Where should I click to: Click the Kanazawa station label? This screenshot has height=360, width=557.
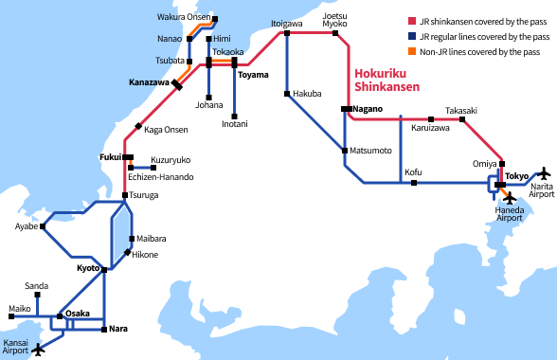(149, 83)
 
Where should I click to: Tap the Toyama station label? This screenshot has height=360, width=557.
(253, 75)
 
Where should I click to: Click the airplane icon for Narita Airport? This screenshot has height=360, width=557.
(544, 173)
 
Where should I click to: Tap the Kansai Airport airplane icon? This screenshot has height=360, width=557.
(39, 350)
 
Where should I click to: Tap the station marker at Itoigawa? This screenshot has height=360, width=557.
(285, 34)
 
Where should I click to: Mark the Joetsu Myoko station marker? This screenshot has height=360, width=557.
(335, 34)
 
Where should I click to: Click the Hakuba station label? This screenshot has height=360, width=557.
(307, 94)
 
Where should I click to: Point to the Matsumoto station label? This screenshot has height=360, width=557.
(370, 151)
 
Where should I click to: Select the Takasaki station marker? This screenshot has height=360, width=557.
(462, 119)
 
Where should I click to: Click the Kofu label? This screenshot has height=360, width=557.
(413, 171)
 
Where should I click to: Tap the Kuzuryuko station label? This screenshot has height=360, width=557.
(171, 160)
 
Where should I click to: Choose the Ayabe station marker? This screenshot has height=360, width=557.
(44, 226)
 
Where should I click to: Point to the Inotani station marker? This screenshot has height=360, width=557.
(234, 115)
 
